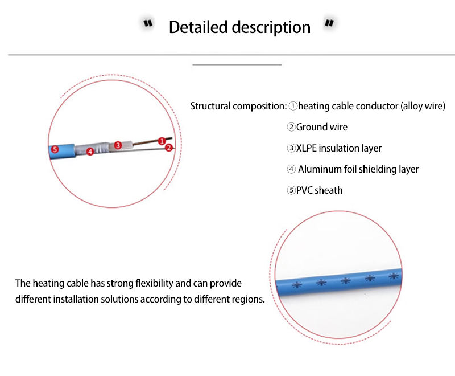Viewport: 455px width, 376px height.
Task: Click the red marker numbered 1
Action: (x=162, y=140)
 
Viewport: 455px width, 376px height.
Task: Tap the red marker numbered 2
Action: (x=168, y=148)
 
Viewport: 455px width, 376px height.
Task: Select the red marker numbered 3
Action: (x=118, y=145)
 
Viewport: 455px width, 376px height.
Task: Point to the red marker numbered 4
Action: (x=90, y=152)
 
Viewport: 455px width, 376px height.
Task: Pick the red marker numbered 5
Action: (x=55, y=149)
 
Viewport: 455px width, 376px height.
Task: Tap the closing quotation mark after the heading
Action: (x=329, y=24)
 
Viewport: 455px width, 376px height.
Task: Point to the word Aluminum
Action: (x=319, y=169)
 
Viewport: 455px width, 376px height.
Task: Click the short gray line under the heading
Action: (x=237, y=65)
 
